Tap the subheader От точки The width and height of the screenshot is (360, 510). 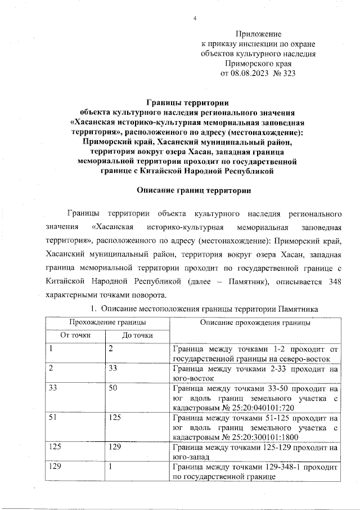pos(75,336)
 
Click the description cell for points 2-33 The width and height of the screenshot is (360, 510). pos(255,374)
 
